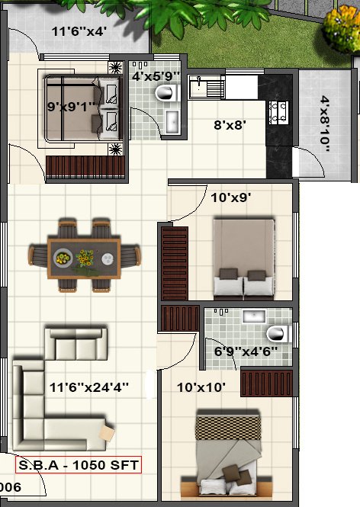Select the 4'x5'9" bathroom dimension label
156,76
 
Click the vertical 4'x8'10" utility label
326,124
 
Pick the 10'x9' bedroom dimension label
231,197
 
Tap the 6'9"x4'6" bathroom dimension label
246,352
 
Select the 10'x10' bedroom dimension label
201,387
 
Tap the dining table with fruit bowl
84,256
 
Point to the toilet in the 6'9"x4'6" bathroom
279,333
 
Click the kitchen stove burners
279,111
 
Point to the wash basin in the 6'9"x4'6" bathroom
252,316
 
